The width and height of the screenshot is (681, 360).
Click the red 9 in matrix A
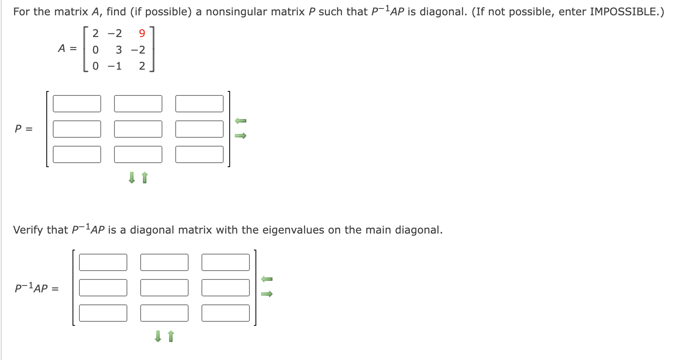(142, 33)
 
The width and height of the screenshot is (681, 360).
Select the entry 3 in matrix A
(119, 50)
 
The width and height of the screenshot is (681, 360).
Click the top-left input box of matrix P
(77, 104)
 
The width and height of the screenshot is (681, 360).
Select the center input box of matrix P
(138, 129)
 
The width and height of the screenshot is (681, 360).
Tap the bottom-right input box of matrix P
(199, 155)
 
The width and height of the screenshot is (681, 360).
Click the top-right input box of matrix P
(199, 104)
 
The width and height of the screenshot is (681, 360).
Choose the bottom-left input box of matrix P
(77, 155)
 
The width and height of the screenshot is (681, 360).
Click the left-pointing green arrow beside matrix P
(241, 121)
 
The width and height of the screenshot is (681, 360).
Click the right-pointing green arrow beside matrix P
(241, 136)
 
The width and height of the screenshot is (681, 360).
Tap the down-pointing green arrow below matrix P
(131, 178)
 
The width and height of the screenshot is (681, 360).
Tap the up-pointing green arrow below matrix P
(145, 178)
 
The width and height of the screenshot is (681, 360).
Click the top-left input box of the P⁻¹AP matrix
(103, 263)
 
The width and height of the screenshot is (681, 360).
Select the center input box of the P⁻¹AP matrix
(164, 288)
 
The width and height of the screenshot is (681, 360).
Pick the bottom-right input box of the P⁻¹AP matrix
(226, 313)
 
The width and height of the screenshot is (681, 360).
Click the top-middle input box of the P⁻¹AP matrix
(164, 263)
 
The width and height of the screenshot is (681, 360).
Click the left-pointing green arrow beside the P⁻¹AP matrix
(267, 279)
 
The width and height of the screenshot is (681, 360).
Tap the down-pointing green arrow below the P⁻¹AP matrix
(158, 336)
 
